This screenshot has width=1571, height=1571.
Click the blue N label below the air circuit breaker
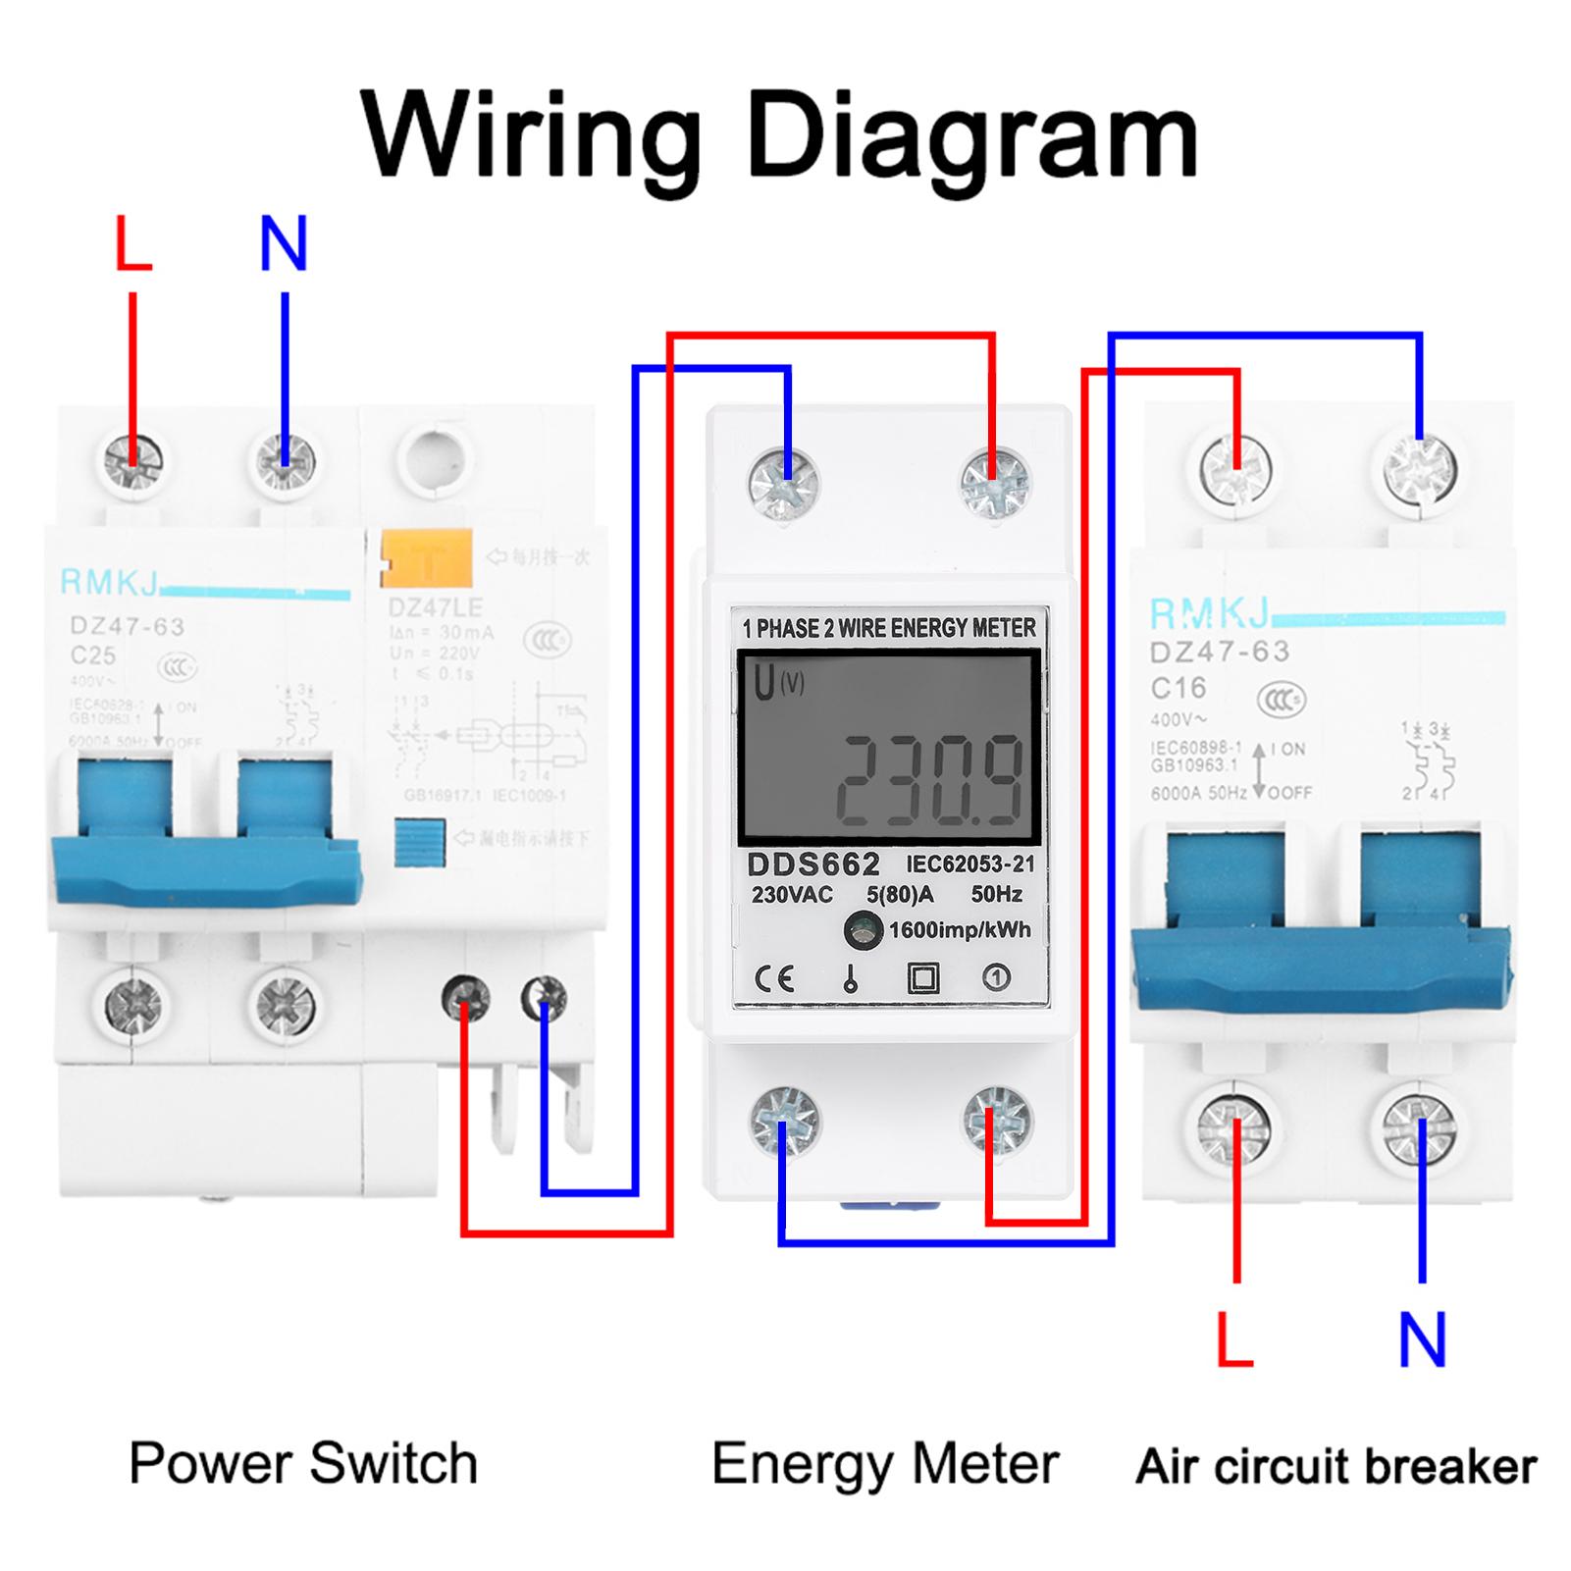1422,1339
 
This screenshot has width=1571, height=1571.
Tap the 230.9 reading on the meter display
927,780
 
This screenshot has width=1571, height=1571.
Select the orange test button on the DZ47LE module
427,558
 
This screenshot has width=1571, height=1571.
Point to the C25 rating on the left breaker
92,655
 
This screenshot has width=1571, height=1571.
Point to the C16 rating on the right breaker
1178,688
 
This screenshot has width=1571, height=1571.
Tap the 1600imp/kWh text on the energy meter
959,930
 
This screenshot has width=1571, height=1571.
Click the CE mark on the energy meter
774,978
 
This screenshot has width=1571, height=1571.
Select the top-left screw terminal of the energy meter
784,484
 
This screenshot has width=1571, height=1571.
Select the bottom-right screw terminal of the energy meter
996,1120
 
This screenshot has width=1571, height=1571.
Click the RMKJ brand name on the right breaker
1208,613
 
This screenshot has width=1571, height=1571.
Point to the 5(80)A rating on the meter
900,894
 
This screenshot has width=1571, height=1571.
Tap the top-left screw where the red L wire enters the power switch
134,458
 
